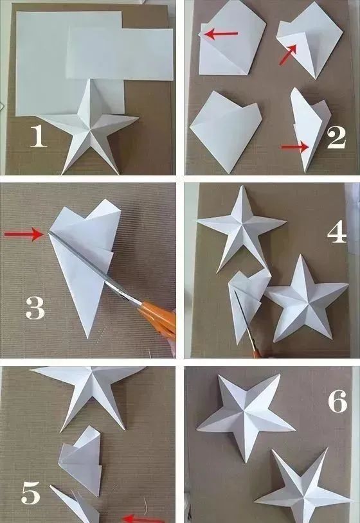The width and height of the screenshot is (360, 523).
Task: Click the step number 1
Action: (39, 136)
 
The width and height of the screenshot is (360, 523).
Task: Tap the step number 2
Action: (336, 138)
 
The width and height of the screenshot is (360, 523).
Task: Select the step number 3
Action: (35, 308)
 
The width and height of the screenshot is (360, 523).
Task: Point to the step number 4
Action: (337, 232)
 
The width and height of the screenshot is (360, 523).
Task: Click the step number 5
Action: (31, 493)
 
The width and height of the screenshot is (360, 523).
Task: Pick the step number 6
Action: (337, 402)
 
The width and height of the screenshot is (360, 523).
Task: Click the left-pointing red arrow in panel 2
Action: (221, 33)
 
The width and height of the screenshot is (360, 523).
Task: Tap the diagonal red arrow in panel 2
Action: (288, 54)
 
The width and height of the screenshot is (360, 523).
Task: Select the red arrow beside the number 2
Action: (295, 146)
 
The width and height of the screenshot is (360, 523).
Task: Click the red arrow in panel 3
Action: (24, 234)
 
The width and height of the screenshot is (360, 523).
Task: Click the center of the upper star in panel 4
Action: (242, 222)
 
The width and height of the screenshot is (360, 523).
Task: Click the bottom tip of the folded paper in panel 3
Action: (87, 337)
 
